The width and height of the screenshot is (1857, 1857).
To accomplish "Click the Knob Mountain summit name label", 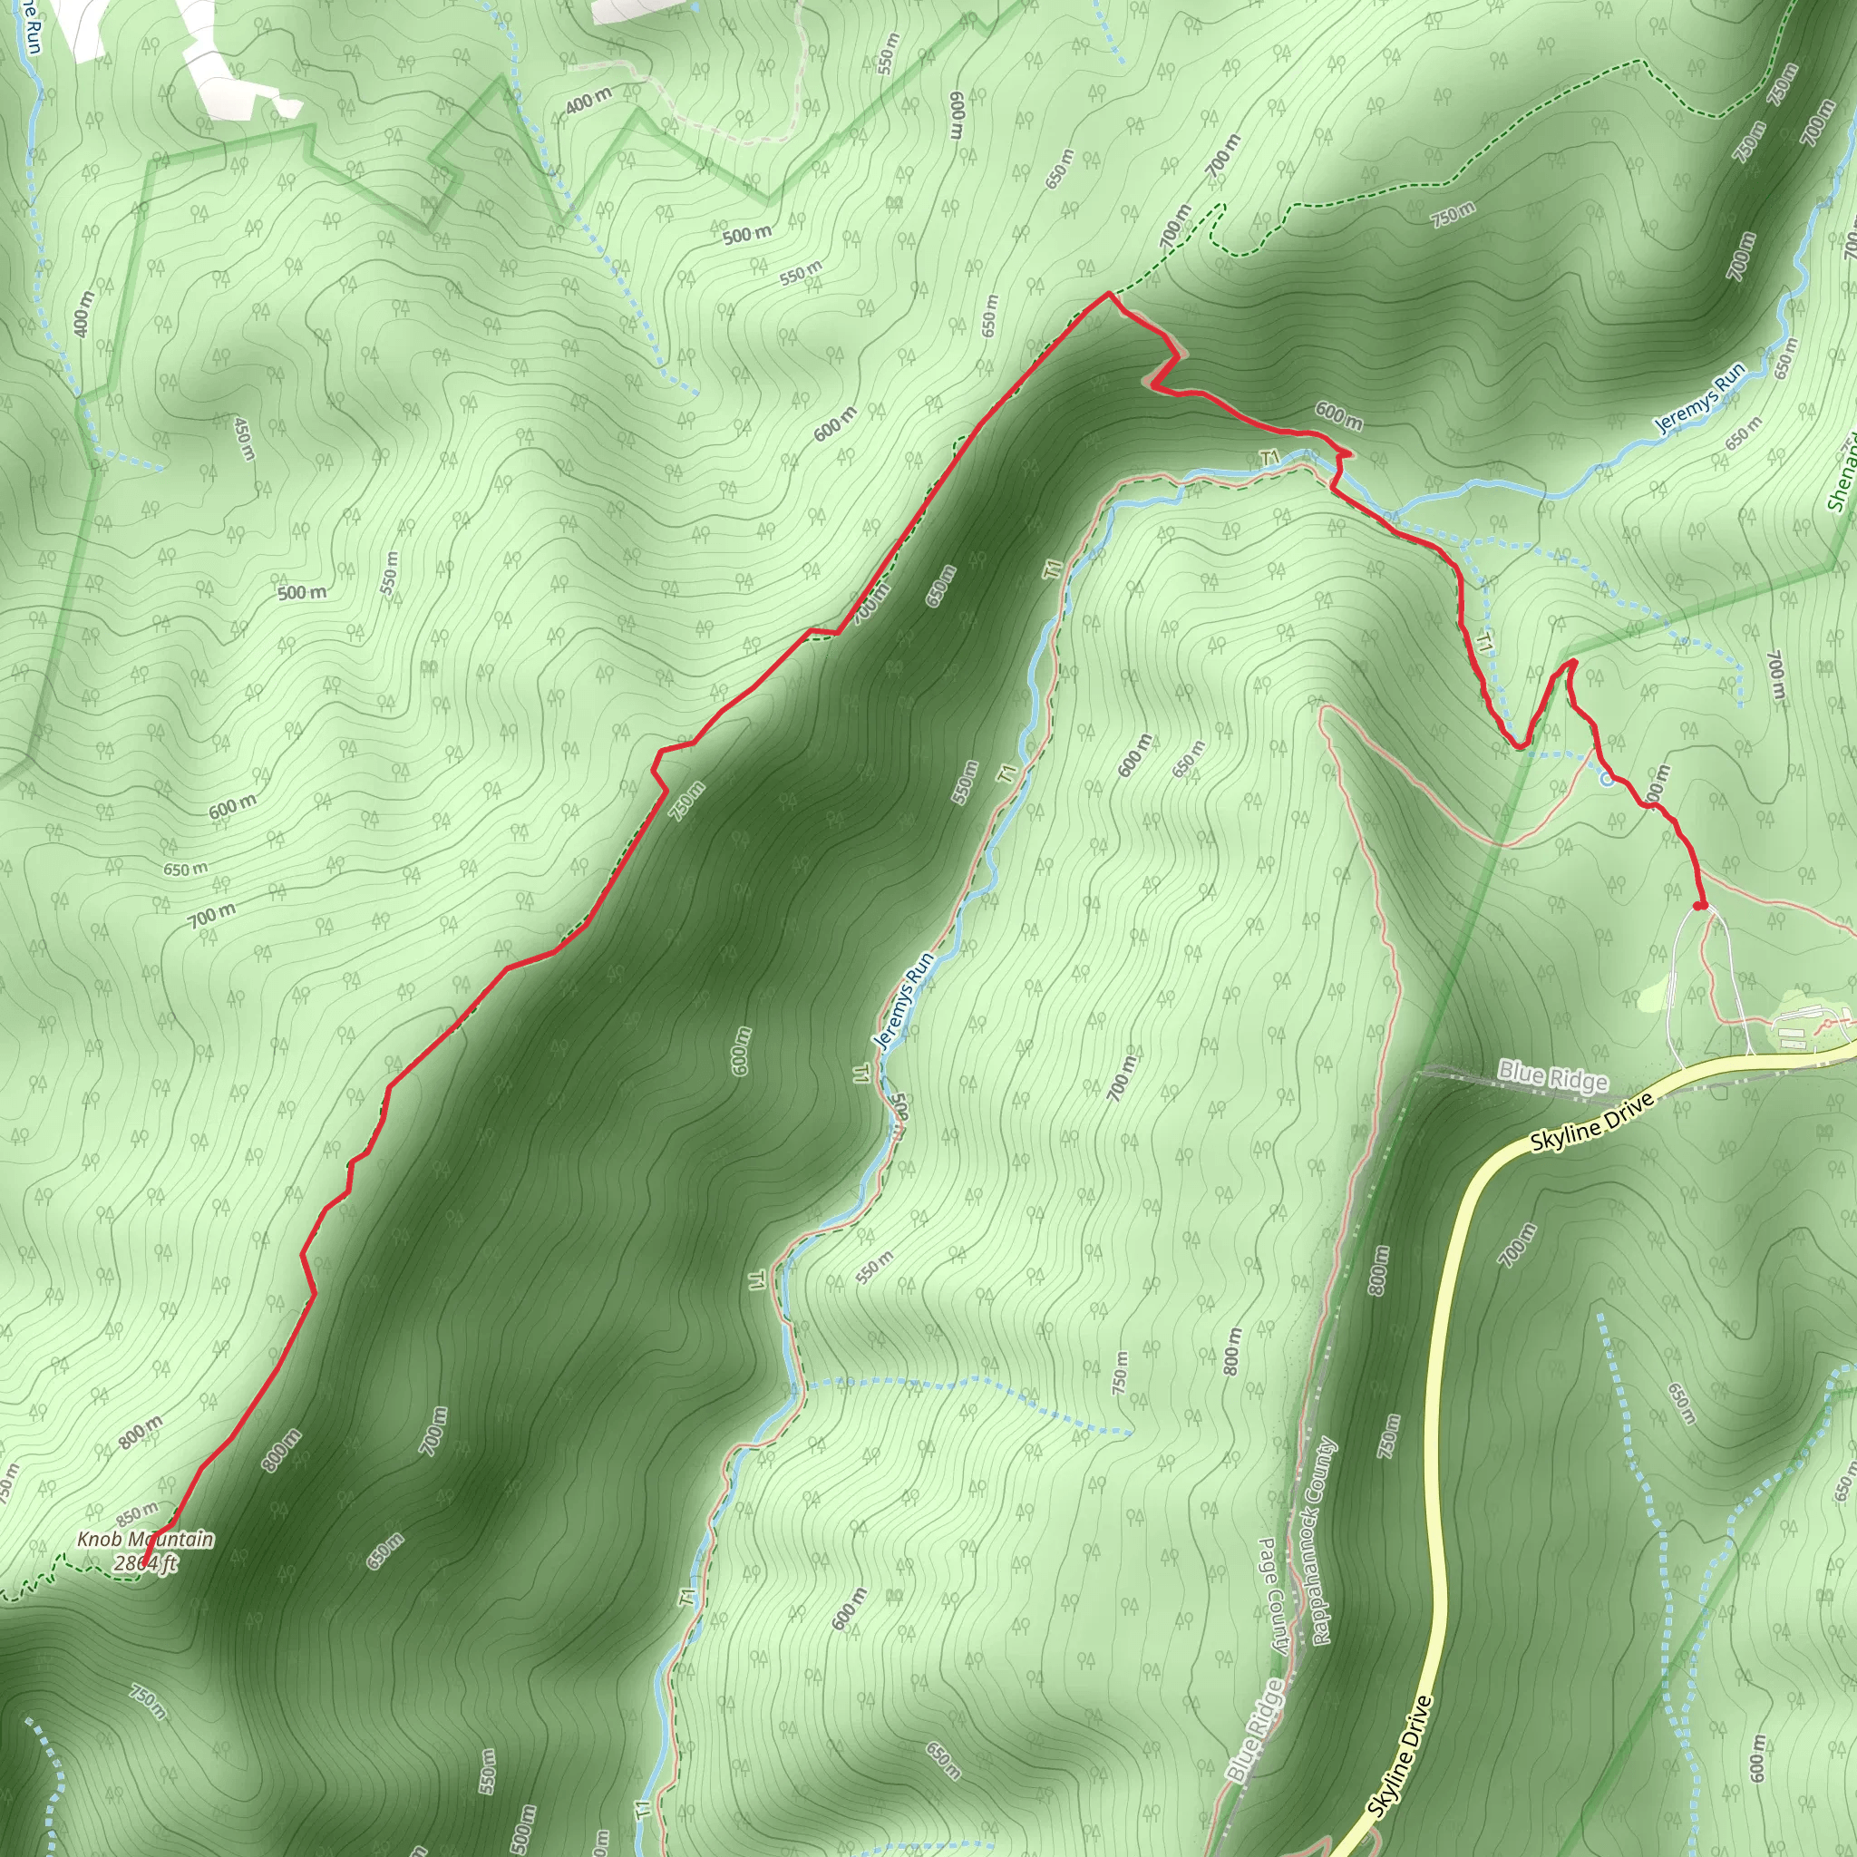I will [145, 1539].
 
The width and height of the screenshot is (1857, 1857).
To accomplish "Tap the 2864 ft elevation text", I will [145, 1563].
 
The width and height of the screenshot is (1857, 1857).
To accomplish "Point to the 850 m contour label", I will [137, 1514].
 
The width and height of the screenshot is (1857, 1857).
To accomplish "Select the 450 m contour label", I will [244, 438].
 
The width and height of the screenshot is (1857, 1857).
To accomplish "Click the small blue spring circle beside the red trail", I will [1606, 779].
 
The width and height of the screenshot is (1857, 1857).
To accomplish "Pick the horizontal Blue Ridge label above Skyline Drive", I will [1552, 1076].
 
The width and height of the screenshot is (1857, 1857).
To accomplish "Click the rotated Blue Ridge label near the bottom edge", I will [1253, 1730].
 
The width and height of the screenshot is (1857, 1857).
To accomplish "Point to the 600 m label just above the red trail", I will [1338, 415].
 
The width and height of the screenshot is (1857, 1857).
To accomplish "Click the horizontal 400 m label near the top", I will [588, 100].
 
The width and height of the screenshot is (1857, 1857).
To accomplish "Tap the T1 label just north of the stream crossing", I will [1269, 458].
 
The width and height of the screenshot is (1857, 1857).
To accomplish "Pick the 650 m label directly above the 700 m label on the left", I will [185, 869].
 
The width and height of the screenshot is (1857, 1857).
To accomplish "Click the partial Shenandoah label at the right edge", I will [1842, 476].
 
